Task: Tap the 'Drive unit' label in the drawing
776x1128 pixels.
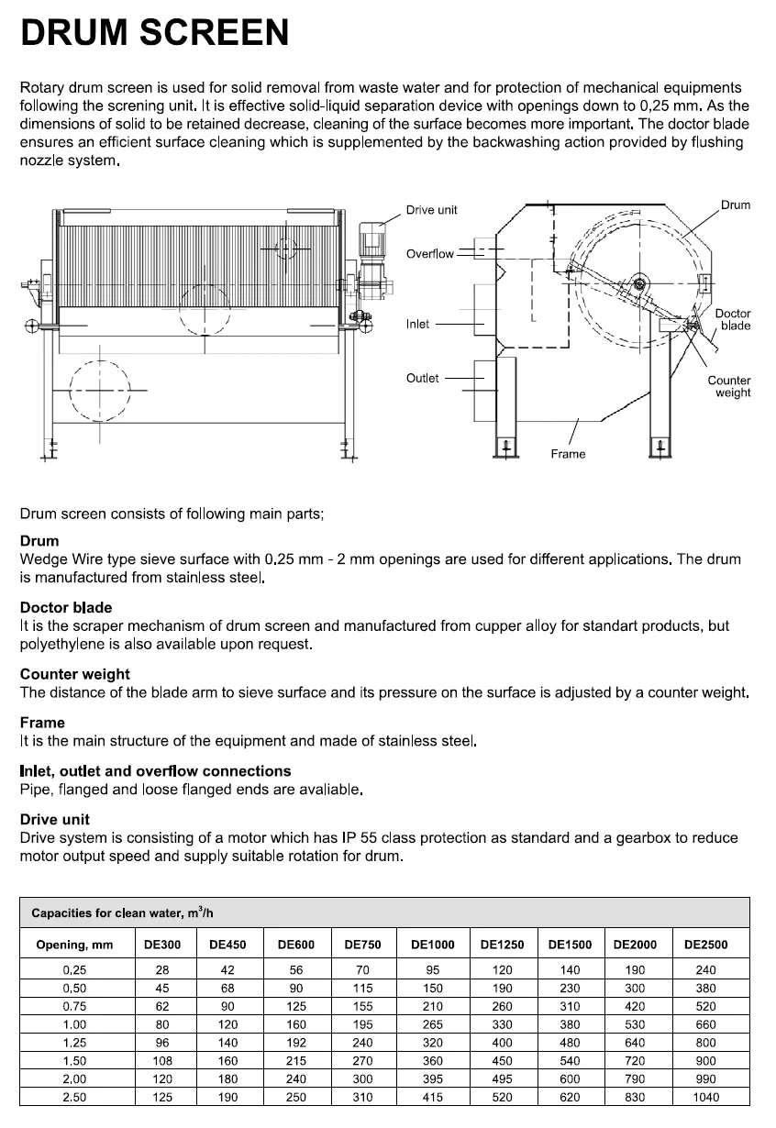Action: (x=431, y=210)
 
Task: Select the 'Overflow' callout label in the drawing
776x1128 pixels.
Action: (x=429, y=253)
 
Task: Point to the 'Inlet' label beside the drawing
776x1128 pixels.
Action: (x=417, y=324)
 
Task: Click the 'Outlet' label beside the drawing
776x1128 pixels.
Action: (x=422, y=378)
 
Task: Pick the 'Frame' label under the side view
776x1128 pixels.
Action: (x=568, y=454)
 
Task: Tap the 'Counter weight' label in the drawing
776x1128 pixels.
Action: (x=729, y=386)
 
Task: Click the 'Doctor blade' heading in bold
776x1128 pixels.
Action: (x=66, y=607)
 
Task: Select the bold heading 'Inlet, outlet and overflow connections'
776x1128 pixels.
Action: (x=155, y=770)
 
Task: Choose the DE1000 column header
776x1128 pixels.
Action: (x=433, y=945)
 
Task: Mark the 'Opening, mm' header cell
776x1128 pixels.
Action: (x=74, y=945)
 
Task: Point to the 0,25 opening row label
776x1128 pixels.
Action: (x=74, y=970)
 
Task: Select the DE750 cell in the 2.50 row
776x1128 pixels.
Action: (x=363, y=1097)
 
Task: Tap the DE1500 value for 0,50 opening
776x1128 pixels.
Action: (x=570, y=989)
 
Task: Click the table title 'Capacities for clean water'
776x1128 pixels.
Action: (x=123, y=913)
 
